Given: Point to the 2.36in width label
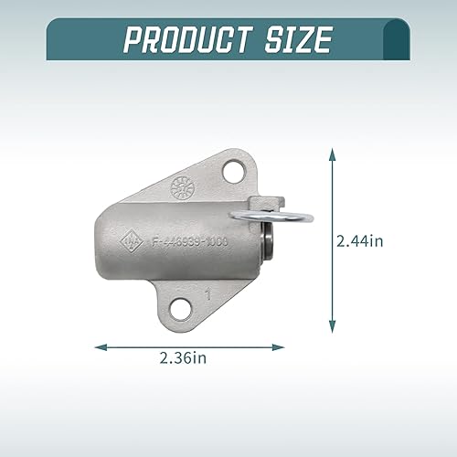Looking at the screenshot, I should pyautogui.click(x=187, y=359).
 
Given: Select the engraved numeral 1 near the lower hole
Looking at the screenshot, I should pyautogui.click(x=209, y=294).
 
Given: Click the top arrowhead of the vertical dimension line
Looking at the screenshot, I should pyautogui.click(x=332, y=154).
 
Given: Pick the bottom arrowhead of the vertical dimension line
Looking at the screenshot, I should pyautogui.click(x=332, y=328).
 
